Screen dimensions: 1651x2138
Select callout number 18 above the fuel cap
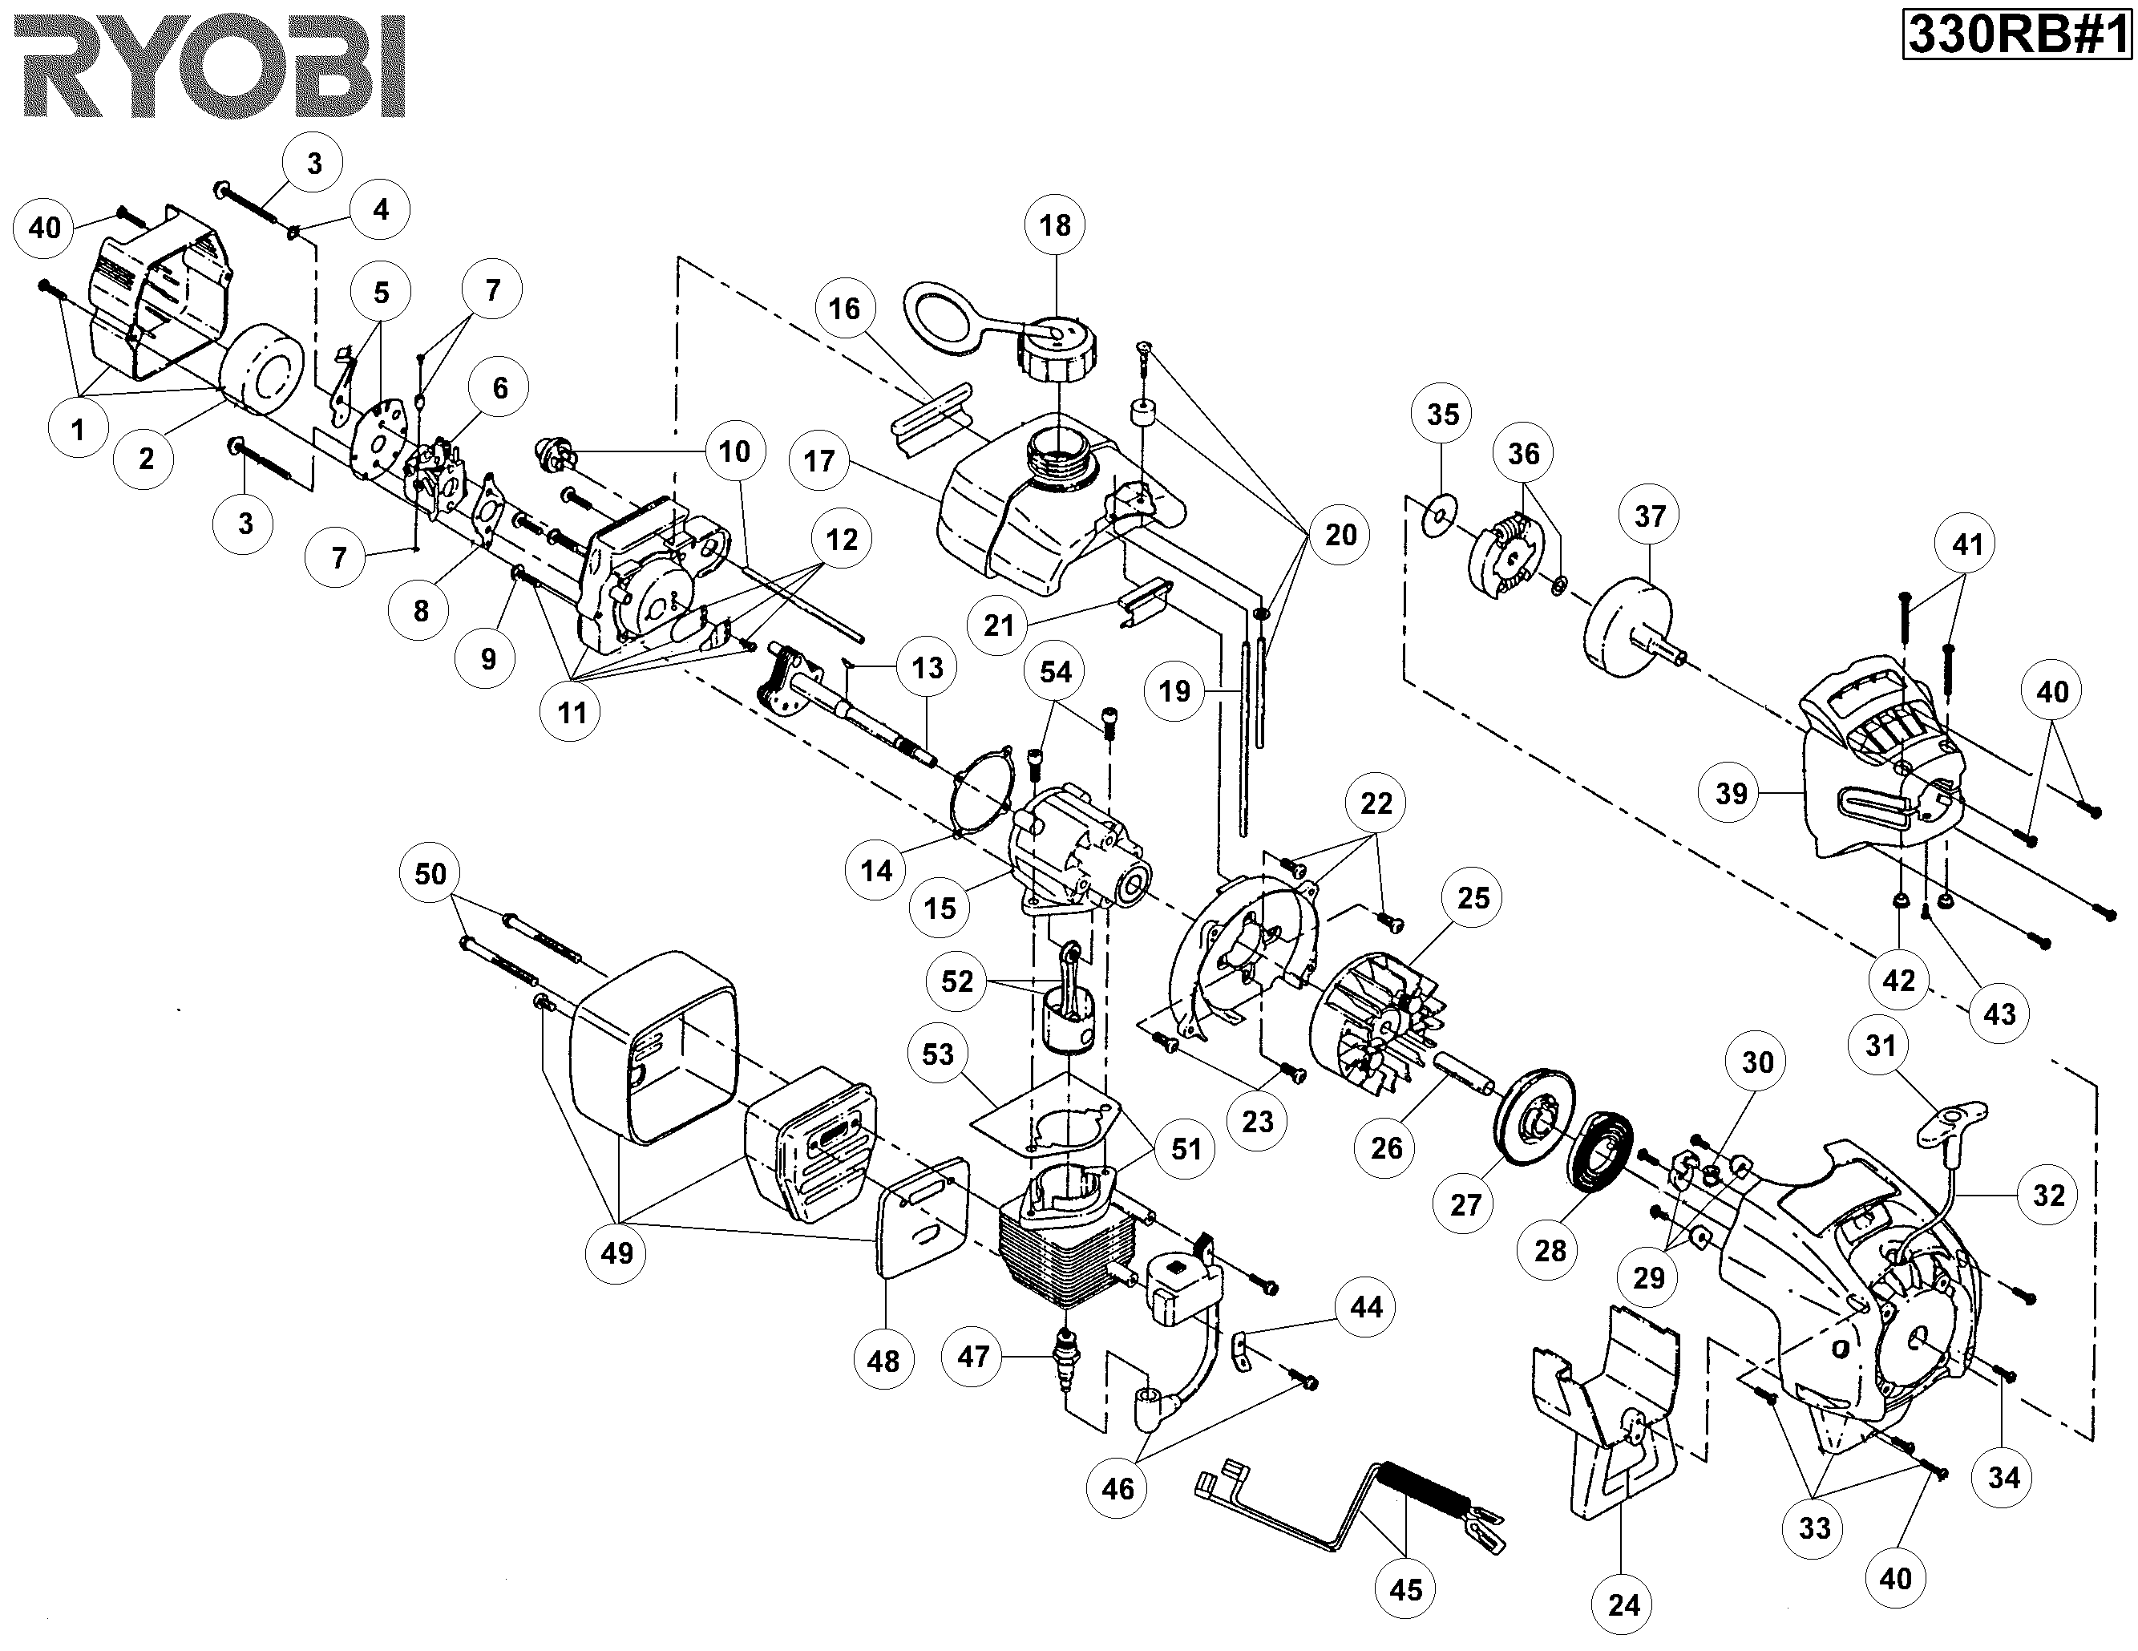pyautogui.click(x=1054, y=225)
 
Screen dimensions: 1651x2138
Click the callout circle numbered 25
pyautogui.click(x=1473, y=897)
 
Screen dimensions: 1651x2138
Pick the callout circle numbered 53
pyautogui.click(x=937, y=1054)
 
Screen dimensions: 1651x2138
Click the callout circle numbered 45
pyautogui.click(x=1406, y=1588)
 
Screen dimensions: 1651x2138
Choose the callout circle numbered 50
pyautogui.click(x=430, y=873)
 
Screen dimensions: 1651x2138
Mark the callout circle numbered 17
pyautogui.click(x=819, y=460)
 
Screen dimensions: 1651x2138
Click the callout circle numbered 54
pyautogui.click(x=1055, y=672)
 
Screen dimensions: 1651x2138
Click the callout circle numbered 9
pyautogui.click(x=487, y=659)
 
